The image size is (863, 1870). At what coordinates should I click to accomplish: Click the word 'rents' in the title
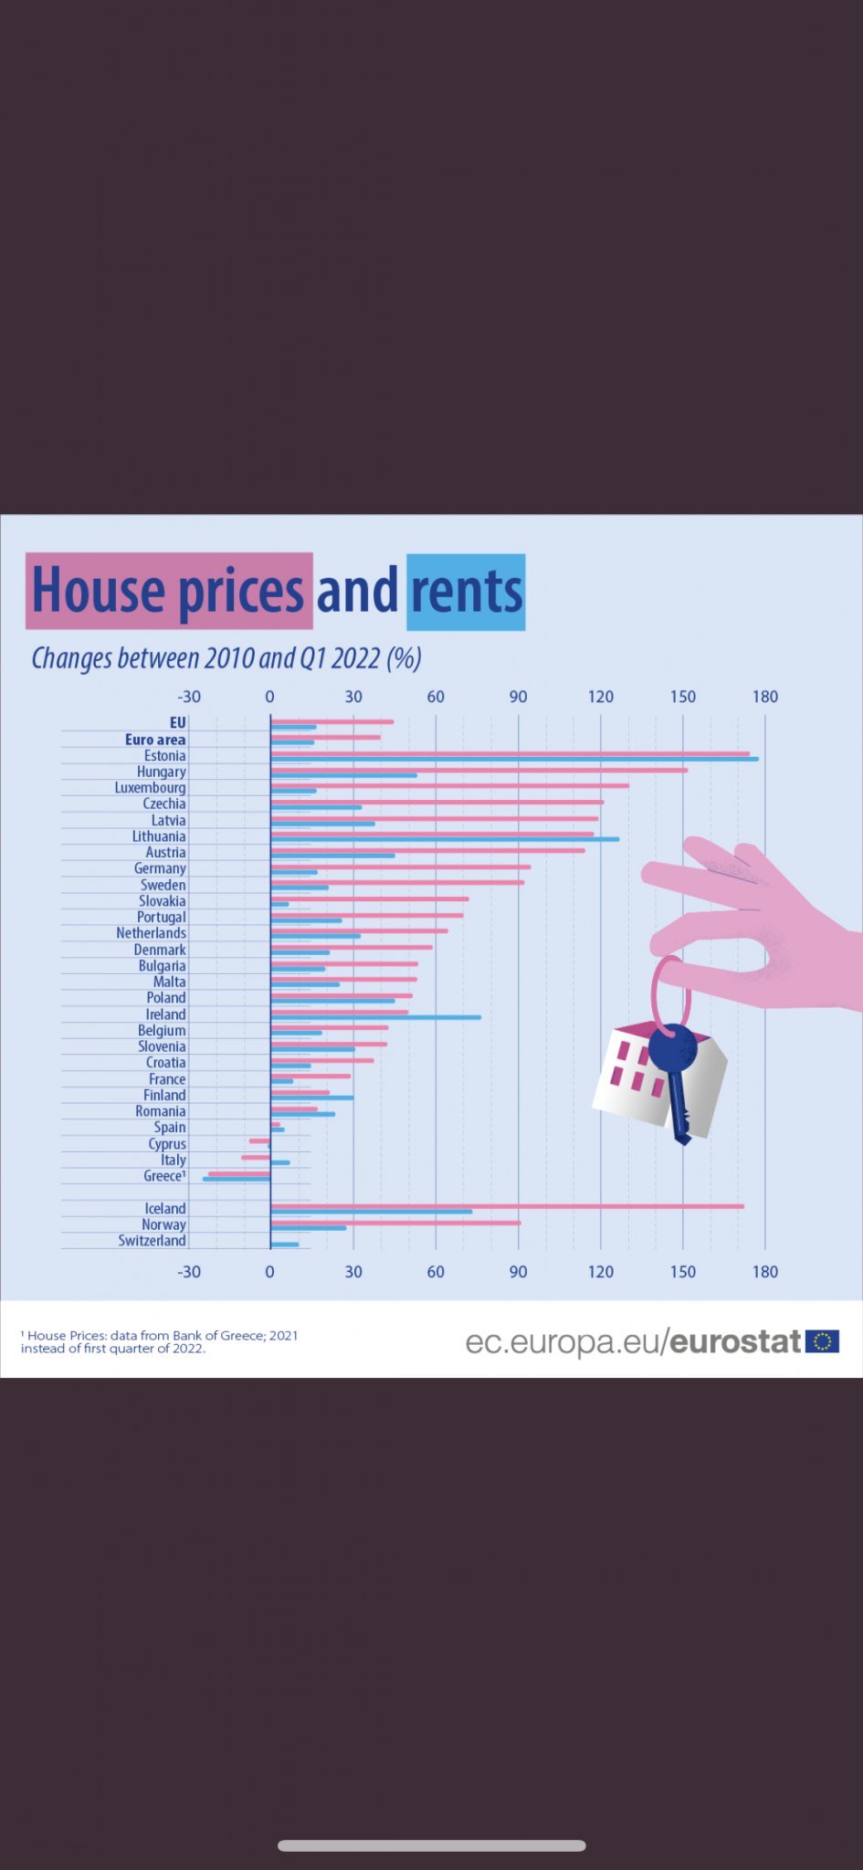(x=466, y=592)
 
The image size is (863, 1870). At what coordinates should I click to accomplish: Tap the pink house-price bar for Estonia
(x=510, y=753)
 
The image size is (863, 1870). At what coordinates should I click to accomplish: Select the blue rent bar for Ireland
(x=375, y=1017)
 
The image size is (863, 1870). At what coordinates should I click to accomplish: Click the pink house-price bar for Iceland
(x=507, y=1206)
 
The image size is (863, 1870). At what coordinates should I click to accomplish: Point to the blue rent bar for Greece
(x=237, y=1180)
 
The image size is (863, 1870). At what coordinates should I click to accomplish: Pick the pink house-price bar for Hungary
(x=479, y=770)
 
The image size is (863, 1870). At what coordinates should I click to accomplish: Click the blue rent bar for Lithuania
(x=445, y=839)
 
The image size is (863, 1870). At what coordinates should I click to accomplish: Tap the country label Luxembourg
(x=150, y=788)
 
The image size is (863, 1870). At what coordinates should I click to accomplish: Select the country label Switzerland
(x=152, y=1241)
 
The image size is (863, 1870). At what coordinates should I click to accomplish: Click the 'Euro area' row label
(x=155, y=740)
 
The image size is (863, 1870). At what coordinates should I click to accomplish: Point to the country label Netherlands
(x=151, y=933)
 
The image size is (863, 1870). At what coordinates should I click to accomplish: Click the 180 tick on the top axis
(x=764, y=697)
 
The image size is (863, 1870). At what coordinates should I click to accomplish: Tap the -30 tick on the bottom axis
(x=189, y=1272)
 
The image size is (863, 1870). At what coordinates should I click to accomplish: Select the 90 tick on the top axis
(x=518, y=697)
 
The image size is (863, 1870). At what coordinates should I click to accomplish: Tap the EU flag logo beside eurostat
(x=822, y=1341)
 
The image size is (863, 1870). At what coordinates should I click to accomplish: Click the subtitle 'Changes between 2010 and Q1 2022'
(x=226, y=658)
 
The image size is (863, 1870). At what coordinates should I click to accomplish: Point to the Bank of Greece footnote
(x=159, y=1341)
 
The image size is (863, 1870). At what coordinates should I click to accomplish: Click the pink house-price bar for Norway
(x=395, y=1223)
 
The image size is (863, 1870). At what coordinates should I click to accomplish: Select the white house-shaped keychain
(x=639, y=1077)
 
